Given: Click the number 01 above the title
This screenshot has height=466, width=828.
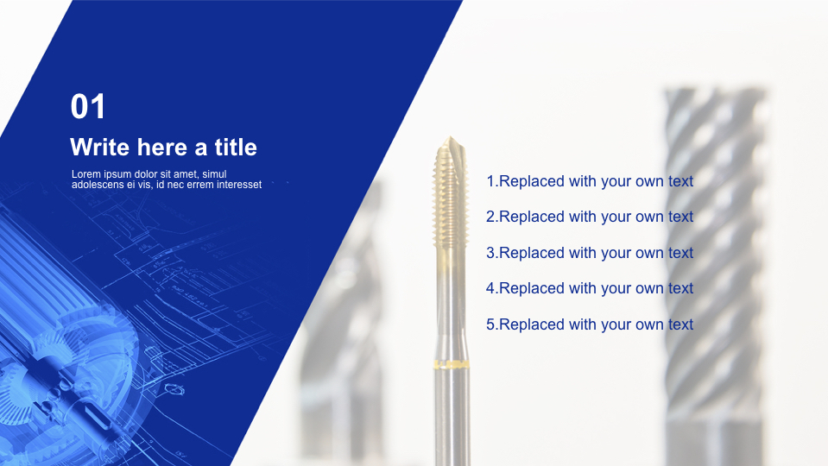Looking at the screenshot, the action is point(88,106).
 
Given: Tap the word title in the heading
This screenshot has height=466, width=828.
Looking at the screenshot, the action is point(236,147).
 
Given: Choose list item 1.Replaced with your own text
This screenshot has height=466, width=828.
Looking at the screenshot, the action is point(590,181).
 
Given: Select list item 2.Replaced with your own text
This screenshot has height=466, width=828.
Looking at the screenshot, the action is point(590,217).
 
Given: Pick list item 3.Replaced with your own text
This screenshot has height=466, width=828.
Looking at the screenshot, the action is point(590,253).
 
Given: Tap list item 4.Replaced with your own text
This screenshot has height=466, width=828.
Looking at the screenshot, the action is point(590,288).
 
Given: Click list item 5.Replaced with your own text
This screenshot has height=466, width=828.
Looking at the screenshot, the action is point(590,324).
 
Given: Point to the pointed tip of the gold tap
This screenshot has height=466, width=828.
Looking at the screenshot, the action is point(449,137).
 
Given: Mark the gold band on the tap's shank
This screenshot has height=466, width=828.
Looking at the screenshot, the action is point(452,364).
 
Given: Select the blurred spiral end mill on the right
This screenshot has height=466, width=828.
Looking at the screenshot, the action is point(716,274).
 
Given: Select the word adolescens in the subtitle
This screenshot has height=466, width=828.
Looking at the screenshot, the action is point(98,185).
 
